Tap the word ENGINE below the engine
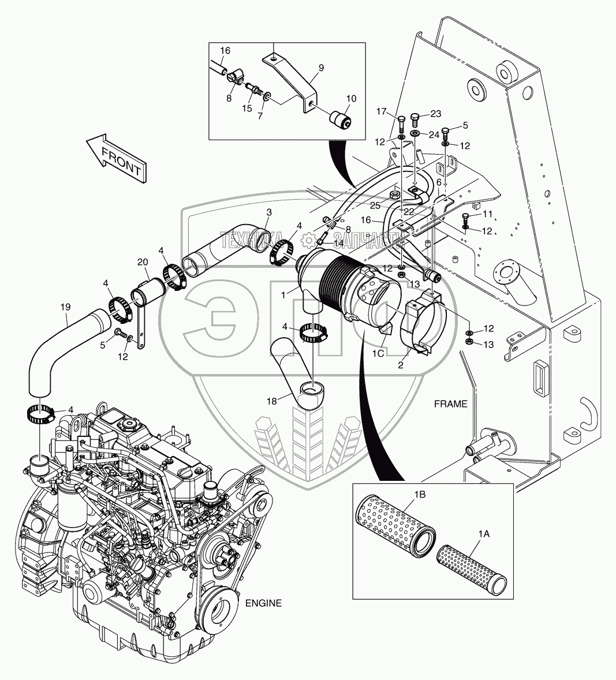tap(263, 603)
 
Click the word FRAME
tap(450, 404)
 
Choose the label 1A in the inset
tap(483, 535)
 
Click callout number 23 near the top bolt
tap(435, 113)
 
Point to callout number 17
tap(397, 111)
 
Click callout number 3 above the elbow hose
tap(268, 213)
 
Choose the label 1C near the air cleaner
tap(378, 353)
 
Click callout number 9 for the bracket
tap(321, 68)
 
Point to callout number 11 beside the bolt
tap(488, 214)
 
